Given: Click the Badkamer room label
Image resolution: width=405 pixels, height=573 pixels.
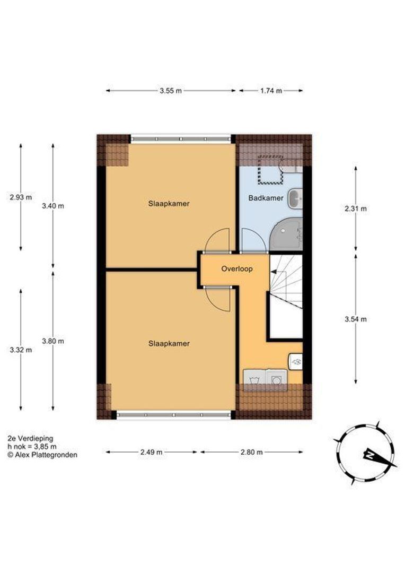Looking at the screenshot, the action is click(266, 198).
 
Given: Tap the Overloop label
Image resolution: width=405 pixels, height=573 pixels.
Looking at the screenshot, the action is click(237, 269).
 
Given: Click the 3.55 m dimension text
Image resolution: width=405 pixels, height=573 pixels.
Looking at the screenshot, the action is click(171, 91).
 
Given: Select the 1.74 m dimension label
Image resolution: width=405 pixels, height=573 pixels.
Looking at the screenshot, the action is click(271, 91).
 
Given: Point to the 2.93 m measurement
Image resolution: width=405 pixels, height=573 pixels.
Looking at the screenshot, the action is click(21, 197).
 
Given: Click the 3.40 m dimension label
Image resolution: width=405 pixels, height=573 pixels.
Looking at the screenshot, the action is click(53, 206).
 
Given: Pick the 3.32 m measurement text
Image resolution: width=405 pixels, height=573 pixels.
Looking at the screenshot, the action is click(21, 350).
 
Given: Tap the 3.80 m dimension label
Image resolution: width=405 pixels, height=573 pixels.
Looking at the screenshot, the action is click(53, 341).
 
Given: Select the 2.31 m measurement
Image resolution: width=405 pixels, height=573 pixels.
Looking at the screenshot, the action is click(356, 209).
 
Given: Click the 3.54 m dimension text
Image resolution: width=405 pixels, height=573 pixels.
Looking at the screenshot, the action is click(356, 319).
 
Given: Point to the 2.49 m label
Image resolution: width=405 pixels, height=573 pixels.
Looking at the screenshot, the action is click(151, 453).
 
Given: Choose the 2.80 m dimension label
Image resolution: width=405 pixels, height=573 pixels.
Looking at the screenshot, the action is click(252, 453).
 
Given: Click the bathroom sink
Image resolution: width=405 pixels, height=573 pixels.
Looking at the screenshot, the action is click(295, 199).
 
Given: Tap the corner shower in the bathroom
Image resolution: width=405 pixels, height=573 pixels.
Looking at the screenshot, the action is click(286, 234).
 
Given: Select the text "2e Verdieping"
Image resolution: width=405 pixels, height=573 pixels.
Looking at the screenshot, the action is click(30, 439).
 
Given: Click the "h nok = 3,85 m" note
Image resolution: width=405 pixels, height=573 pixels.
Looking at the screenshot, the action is click(32, 447).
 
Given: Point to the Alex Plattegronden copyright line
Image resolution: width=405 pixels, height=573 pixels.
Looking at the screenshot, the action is click(42, 455).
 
